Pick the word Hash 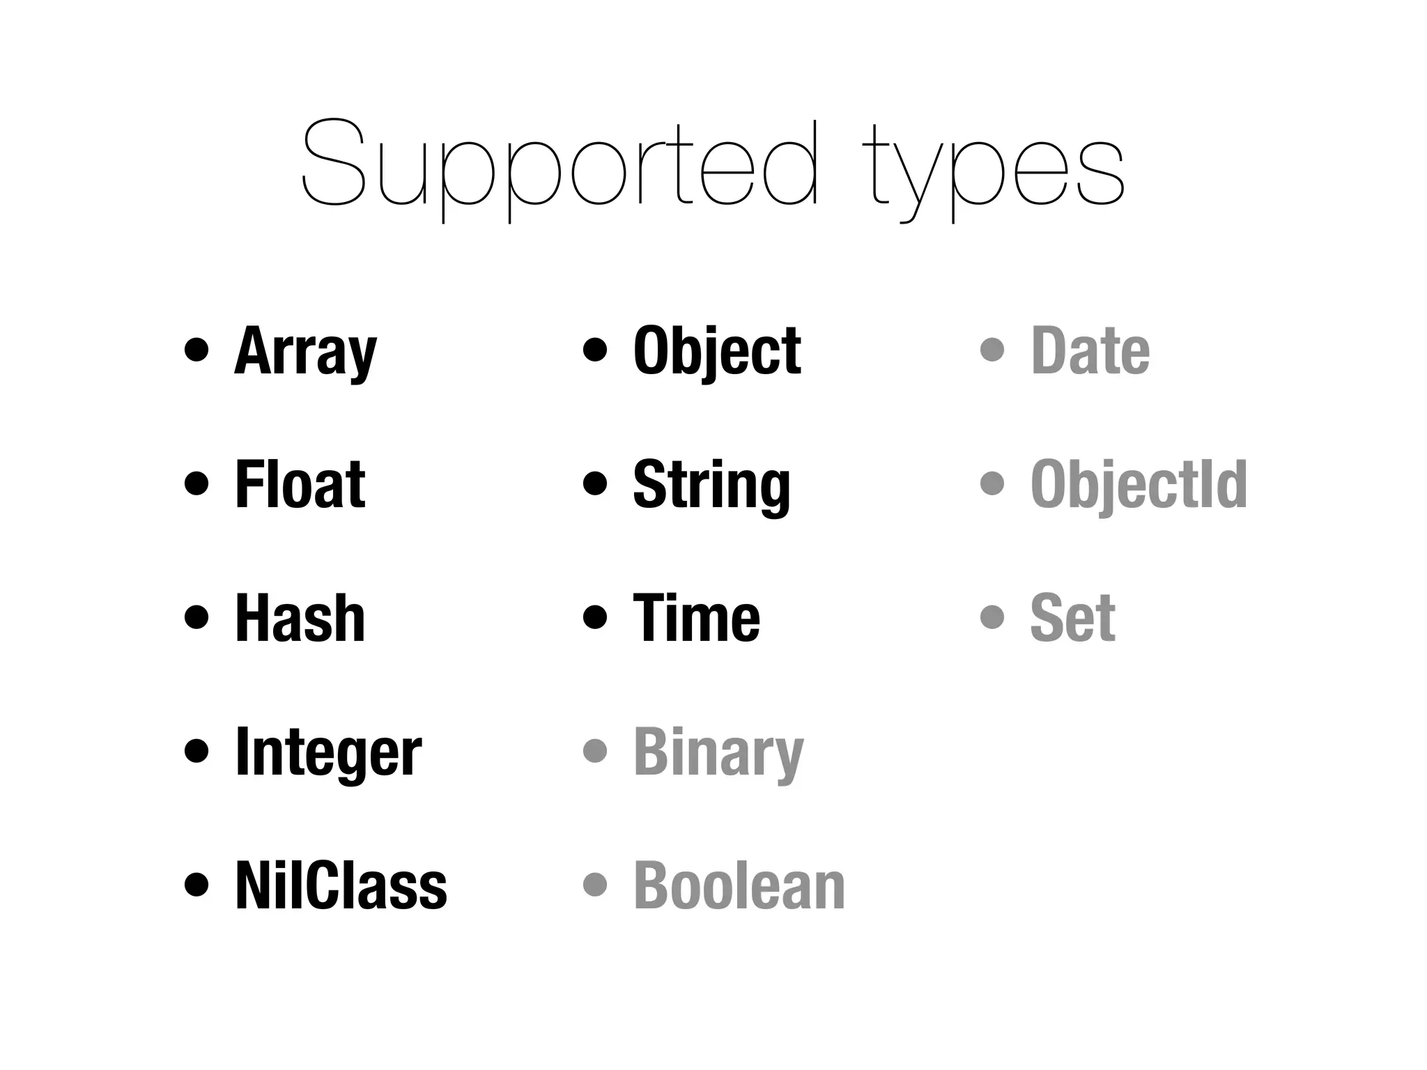click(x=300, y=618)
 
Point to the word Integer click(x=328, y=752)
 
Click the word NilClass click(x=341, y=885)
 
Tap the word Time click(x=696, y=618)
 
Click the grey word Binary click(x=718, y=752)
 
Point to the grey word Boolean click(x=739, y=885)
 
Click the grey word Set click(x=1072, y=618)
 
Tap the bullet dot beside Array click(x=196, y=350)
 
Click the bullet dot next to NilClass click(x=196, y=885)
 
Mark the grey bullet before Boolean click(x=594, y=885)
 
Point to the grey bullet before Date click(x=992, y=350)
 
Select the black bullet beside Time click(x=594, y=617)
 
